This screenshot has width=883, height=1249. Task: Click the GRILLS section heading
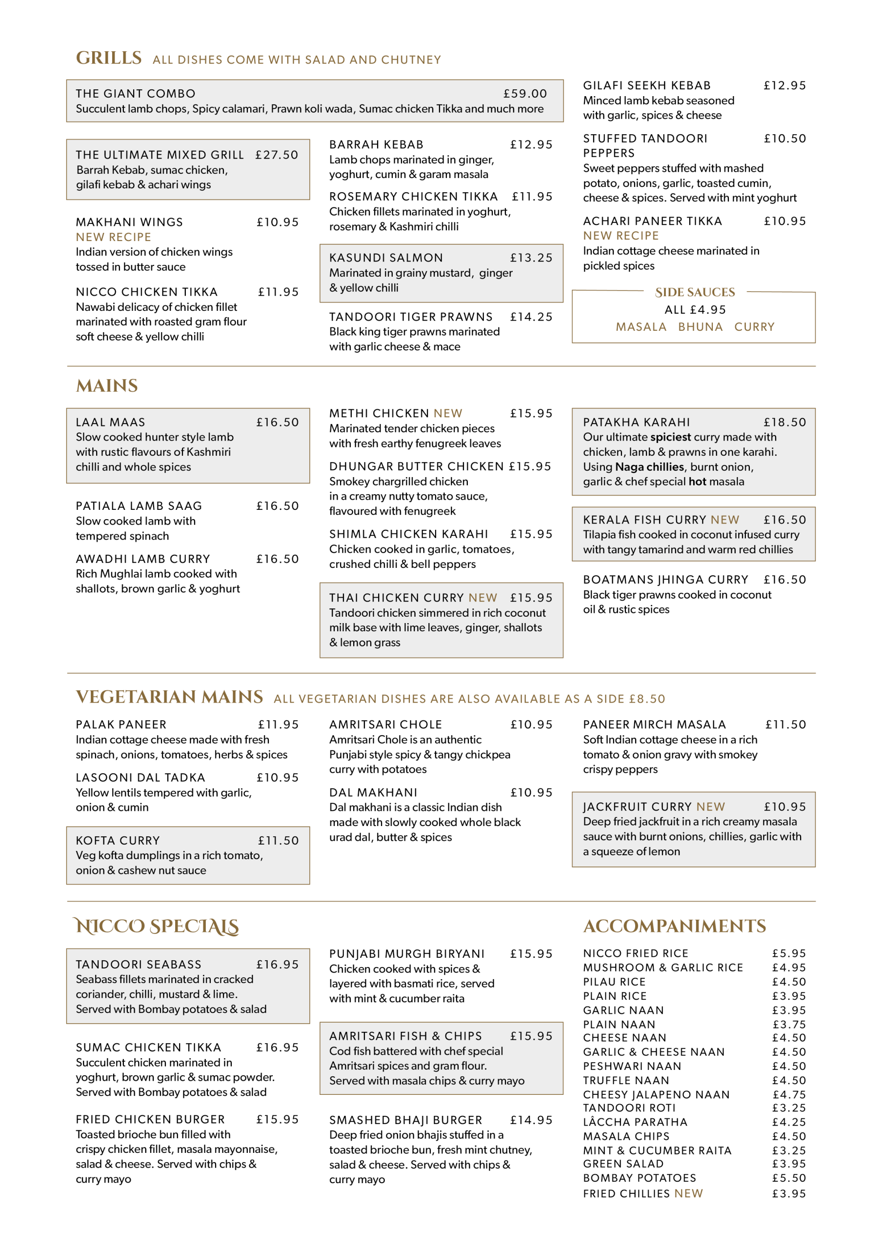click(108, 58)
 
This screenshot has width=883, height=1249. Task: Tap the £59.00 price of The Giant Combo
click(525, 94)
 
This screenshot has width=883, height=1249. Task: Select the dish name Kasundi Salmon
click(386, 258)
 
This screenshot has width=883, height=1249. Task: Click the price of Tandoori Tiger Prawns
click(531, 317)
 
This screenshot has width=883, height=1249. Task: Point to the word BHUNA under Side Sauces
click(700, 327)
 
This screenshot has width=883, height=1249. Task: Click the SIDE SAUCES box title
click(695, 293)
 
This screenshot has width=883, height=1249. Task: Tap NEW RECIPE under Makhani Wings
click(113, 237)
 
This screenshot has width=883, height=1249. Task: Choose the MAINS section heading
click(107, 386)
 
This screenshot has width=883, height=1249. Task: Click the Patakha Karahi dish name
click(636, 422)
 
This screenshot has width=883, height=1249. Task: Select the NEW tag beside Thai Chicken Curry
click(482, 598)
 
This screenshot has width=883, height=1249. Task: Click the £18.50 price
click(784, 422)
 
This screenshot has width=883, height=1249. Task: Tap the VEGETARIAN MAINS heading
click(169, 697)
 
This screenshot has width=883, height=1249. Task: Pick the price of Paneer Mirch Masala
click(785, 725)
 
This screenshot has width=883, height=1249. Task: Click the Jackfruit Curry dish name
click(637, 807)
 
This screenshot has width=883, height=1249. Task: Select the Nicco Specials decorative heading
click(157, 926)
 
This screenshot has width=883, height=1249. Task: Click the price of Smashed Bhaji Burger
click(531, 1120)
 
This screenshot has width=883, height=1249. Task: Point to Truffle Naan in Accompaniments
click(626, 1080)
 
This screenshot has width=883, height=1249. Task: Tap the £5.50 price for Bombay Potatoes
click(789, 1178)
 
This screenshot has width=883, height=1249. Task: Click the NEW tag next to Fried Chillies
click(688, 1193)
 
